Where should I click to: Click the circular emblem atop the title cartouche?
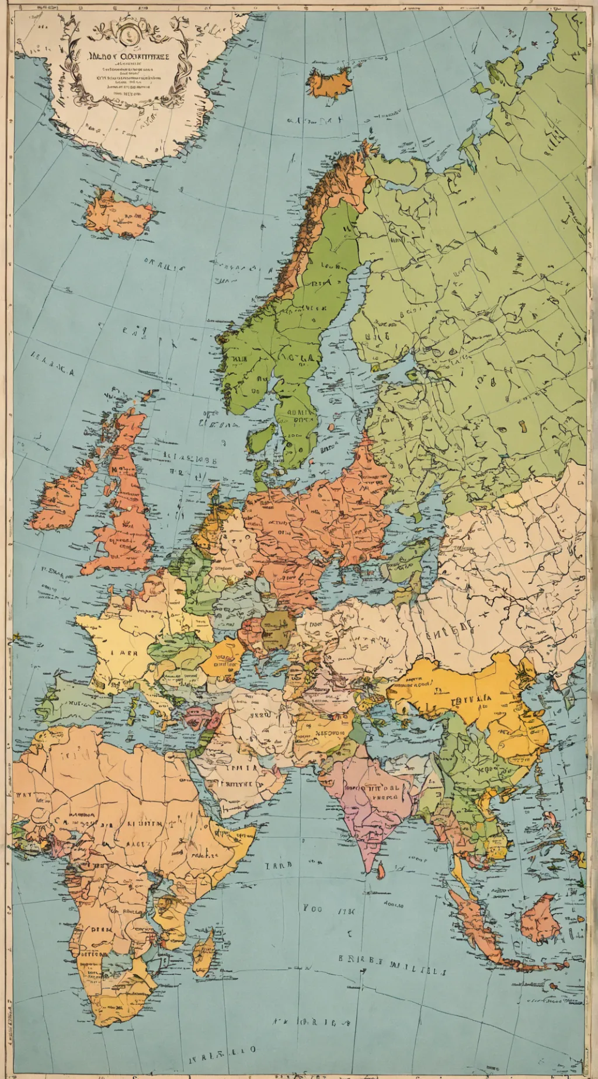pos(127,34)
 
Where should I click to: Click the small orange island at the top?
pos(331,82)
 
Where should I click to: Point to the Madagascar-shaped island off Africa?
pos(204,952)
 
